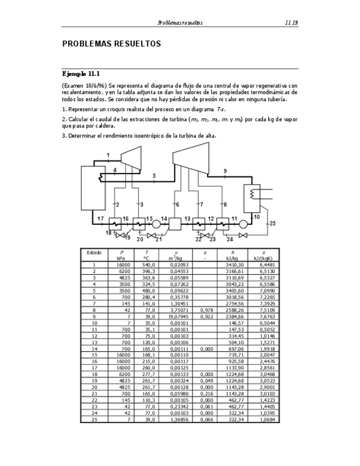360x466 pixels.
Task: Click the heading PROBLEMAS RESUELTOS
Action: pos(111,43)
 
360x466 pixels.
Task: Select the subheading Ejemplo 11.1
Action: pos(81,74)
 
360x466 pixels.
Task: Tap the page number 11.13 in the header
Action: pos(291,23)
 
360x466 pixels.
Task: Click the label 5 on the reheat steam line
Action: pos(154,176)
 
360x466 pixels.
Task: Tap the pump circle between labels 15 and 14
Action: pos(156,224)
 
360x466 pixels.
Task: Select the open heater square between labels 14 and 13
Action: pos(175,224)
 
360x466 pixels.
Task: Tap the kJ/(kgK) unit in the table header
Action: pos(262,258)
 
